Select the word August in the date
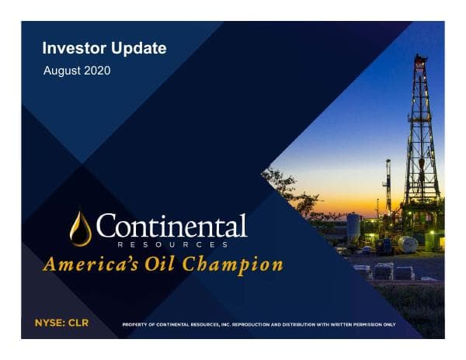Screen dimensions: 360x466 click(62, 71)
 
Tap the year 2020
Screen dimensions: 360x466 click(96, 71)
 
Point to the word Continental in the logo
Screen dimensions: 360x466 click(172, 227)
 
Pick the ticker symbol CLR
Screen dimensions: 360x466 click(78, 321)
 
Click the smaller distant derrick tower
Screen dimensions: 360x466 click(388, 186)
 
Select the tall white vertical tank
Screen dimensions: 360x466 click(353, 228)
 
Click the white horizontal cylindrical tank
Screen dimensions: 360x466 click(408, 244)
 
